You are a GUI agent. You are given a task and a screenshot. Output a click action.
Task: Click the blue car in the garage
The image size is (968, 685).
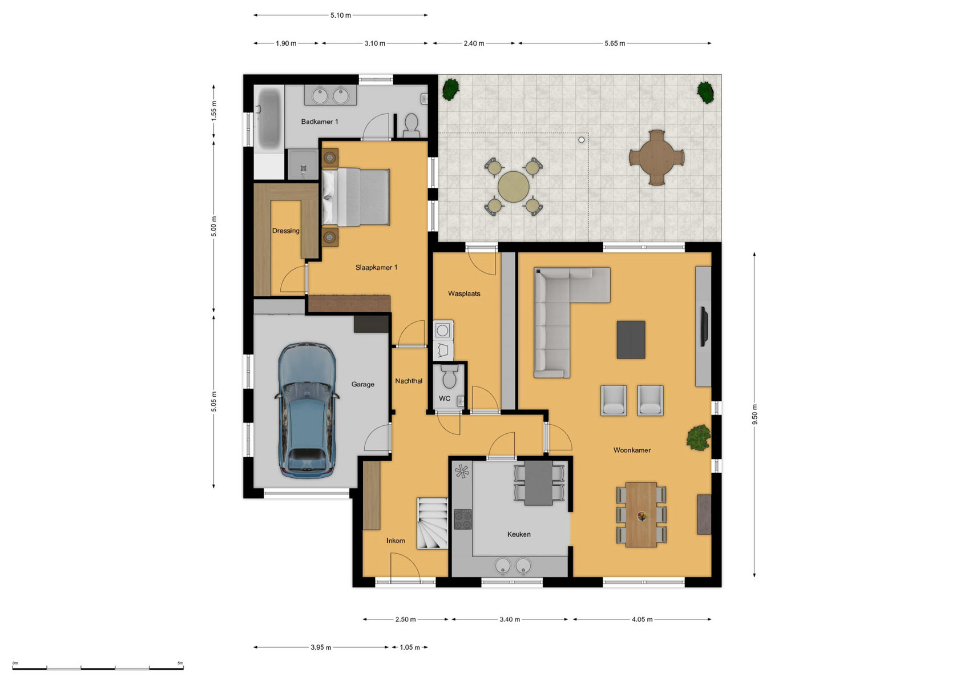point(307,410)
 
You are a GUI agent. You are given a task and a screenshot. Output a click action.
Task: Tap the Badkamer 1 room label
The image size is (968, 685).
point(320,122)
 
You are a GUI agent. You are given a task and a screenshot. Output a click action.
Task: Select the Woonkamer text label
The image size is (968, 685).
point(632,450)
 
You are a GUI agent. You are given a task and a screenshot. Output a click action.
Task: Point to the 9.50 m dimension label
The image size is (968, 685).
point(755,414)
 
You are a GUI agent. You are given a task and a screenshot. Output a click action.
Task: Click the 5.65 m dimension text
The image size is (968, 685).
point(615,43)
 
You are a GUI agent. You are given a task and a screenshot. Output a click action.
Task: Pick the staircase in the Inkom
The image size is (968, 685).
point(432,523)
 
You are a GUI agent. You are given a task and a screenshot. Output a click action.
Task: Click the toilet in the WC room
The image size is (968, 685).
point(449,377)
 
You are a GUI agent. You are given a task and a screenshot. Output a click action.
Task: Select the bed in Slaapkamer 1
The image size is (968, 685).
point(355,197)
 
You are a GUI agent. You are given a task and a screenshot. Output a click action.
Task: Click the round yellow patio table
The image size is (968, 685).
point(513,187)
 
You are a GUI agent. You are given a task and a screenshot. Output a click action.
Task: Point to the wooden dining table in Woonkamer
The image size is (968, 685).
point(642,515)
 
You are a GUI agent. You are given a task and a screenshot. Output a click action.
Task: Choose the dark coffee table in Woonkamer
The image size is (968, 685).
point(631,340)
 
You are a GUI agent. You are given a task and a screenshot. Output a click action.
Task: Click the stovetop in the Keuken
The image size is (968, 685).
point(462,519)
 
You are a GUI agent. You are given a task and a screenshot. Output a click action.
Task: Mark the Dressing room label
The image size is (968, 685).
point(285,231)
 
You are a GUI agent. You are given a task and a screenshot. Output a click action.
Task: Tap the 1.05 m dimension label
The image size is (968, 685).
point(410,647)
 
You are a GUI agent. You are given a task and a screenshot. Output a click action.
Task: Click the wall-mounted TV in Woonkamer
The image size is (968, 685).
point(704,327)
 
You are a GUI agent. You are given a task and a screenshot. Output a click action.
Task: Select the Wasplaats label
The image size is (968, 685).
point(464,293)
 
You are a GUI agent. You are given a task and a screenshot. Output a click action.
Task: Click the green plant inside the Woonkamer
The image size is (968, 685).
point(699,437)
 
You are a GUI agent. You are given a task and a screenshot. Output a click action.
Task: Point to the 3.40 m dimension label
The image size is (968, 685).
point(510,619)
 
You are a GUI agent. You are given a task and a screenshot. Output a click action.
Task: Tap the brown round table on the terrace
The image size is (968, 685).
point(657,158)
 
